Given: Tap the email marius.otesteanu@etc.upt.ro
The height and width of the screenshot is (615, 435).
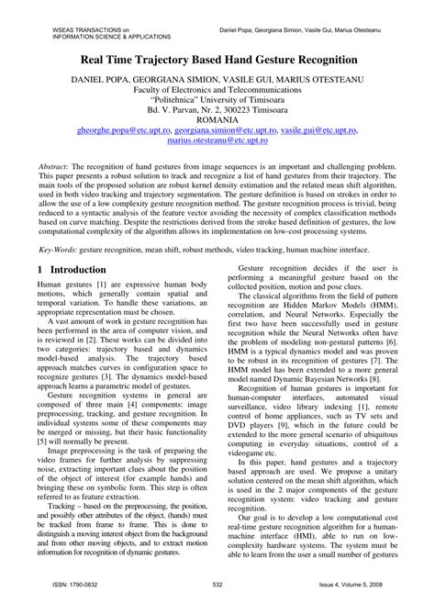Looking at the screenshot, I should click(x=217, y=143).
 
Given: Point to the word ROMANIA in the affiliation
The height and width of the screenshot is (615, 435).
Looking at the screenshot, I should click(x=217, y=120).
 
